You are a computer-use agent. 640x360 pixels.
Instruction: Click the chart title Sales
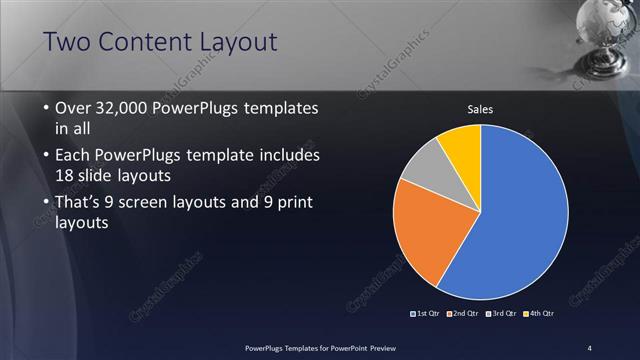pyautogui.click(x=481, y=109)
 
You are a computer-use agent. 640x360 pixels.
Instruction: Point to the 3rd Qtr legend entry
pyautogui.click(x=501, y=314)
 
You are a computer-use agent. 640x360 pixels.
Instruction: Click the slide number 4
pyautogui.click(x=590, y=347)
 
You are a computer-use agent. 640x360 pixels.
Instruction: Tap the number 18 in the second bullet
pyautogui.click(x=65, y=176)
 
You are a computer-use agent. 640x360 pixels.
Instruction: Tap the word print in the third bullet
pyautogui.click(x=292, y=203)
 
